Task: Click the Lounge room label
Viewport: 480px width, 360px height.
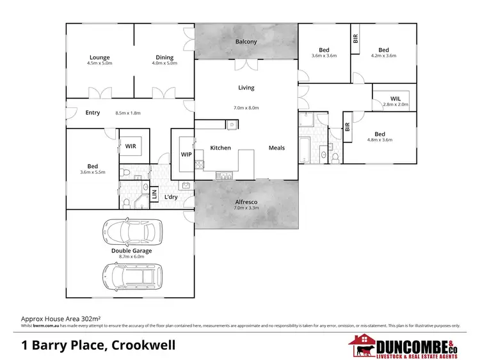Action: (100, 58)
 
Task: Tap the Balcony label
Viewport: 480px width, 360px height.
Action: (246, 42)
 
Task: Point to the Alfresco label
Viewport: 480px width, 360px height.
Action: (246, 200)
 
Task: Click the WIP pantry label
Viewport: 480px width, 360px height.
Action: (186, 154)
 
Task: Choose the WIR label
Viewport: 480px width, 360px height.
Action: (131, 146)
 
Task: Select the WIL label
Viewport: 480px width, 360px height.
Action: (395, 98)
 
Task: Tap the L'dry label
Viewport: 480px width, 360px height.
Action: (171, 197)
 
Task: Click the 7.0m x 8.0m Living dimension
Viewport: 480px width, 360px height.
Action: (246, 108)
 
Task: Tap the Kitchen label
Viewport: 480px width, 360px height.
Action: (220, 148)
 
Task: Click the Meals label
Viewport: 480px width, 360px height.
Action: (276, 148)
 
